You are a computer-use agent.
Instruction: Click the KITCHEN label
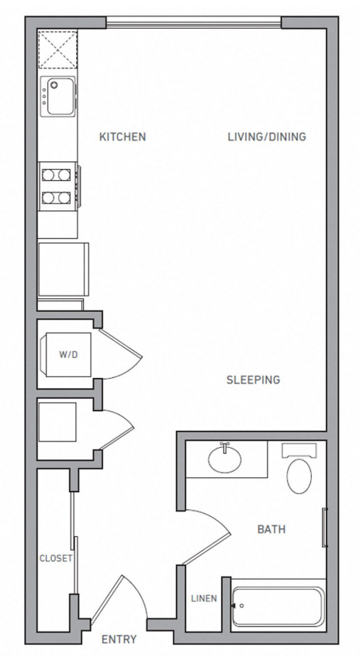coord(123,137)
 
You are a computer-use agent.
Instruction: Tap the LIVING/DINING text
coord(267,137)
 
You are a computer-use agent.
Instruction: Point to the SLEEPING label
coord(253,380)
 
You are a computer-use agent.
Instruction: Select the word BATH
coord(272,529)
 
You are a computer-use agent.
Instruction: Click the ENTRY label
coord(119,639)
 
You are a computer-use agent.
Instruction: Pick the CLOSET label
coord(56,558)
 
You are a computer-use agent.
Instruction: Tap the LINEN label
coord(204,598)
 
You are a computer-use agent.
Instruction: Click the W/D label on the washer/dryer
coord(68,354)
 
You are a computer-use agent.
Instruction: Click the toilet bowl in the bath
coord(299,476)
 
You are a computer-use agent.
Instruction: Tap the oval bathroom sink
coord(224,458)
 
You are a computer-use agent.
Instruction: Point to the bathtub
coord(278,606)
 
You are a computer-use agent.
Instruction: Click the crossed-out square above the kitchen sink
coord(58,50)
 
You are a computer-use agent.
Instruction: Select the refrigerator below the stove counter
coord(63,269)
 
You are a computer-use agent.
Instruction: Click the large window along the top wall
coord(194,22)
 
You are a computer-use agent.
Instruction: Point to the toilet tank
coord(299,450)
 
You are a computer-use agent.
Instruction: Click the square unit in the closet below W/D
coord(57,421)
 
